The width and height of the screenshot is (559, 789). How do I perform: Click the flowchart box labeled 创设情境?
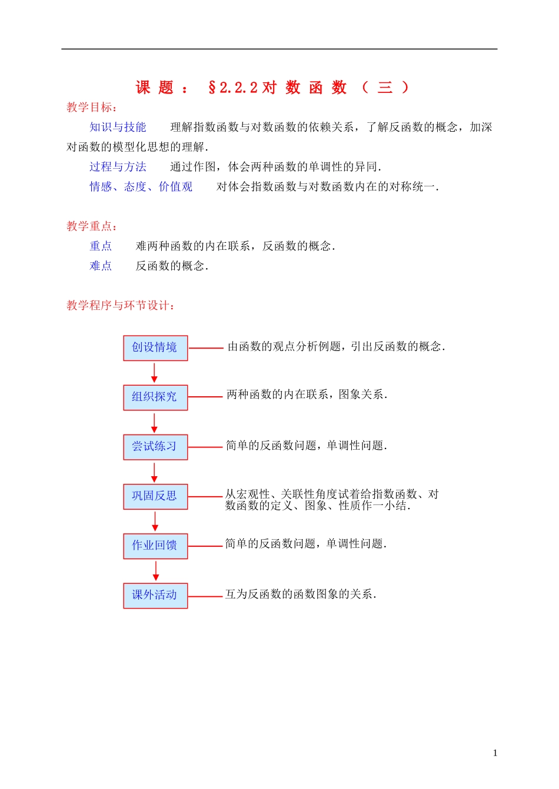click(155, 347)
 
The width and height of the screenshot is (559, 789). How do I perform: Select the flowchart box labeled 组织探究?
click(155, 397)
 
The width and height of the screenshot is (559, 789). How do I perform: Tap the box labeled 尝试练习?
click(155, 447)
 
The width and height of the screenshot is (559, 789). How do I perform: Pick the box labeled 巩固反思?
click(155, 496)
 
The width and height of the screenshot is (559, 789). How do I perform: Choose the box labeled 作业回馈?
click(155, 546)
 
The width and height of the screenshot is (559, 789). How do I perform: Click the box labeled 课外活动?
click(155, 595)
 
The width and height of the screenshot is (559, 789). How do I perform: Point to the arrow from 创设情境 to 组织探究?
click(155, 373)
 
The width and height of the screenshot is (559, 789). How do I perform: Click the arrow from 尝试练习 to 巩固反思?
click(155, 472)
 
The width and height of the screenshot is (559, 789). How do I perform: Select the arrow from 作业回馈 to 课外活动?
click(156, 571)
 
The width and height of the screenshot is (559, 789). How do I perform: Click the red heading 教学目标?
click(92, 108)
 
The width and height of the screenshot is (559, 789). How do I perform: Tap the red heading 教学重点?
click(92, 226)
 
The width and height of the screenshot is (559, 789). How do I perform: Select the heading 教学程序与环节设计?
click(121, 306)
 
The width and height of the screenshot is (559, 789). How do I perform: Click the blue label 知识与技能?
click(118, 128)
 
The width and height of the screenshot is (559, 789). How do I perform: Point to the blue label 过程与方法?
click(118, 167)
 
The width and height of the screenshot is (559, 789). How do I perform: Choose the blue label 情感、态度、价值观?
click(141, 187)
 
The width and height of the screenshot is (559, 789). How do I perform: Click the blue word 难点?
click(101, 266)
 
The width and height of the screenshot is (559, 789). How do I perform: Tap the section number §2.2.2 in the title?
click(233, 88)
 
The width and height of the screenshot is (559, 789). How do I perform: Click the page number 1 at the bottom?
click(495, 753)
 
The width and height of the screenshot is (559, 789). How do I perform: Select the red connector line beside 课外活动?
click(205, 596)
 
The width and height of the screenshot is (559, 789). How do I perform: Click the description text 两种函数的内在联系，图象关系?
click(307, 394)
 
